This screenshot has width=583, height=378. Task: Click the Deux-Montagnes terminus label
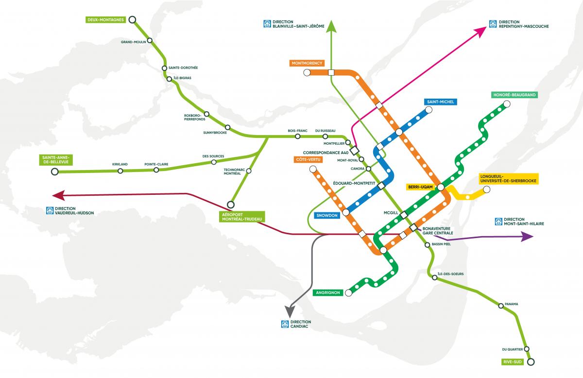(105, 20)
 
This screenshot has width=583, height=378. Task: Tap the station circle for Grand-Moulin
(150, 40)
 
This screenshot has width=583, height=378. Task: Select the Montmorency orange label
(308, 63)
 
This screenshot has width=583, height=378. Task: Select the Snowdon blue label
(327, 216)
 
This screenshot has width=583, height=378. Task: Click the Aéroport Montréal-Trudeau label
(241, 217)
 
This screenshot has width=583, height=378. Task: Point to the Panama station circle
(501, 306)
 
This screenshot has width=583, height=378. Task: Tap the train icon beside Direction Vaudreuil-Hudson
(49, 210)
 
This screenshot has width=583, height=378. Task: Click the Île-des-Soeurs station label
(450, 274)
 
